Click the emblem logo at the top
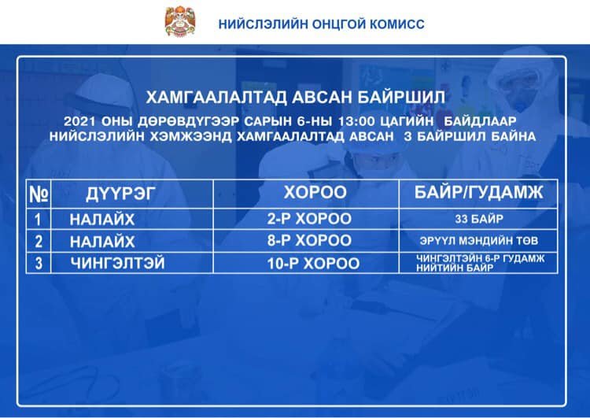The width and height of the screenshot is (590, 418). (x=180, y=21)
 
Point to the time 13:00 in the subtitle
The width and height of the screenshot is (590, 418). (x=356, y=121)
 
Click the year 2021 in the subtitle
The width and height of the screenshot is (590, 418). (x=79, y=121)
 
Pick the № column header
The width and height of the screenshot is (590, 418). (x=39, y=194)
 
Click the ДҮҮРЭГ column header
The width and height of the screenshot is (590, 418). (x=120, y=194)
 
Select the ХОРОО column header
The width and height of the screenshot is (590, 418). (x=315, y=192)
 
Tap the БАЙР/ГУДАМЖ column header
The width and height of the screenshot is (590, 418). (x=478, y=192)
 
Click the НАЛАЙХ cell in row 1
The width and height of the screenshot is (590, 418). (x=102, y=220)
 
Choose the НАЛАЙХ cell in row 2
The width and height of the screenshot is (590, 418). (x=102, y=242)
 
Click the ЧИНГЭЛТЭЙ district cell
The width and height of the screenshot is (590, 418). (x=118, y=263)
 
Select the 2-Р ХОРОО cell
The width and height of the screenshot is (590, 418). (x=309, y=219)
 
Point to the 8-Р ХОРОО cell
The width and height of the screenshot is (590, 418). (x=309, y=241)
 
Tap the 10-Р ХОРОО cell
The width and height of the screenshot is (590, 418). (x=313, y=264)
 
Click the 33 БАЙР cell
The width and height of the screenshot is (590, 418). (x=479, y=219)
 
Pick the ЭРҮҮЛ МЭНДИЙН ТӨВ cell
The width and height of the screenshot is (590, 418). (x=479, y=241)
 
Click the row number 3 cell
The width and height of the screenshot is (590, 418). (x=39, y=264)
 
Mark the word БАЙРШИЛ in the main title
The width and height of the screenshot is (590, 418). (x=401, y=98)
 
